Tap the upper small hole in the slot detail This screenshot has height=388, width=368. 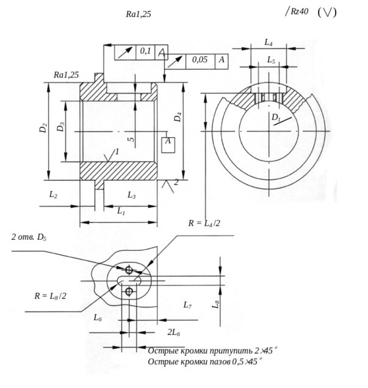point(128,269)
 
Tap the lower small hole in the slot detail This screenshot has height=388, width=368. point(128,293)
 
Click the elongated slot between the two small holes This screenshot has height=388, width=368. point(131,281)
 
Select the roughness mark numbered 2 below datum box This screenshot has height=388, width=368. point(173,182)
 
